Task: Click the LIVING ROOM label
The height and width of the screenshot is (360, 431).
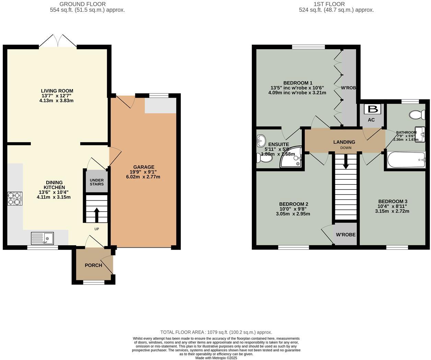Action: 57,91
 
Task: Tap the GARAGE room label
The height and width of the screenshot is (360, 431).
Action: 144,167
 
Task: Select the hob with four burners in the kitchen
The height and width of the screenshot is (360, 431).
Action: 15,199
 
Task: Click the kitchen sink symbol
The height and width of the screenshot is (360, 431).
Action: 42,238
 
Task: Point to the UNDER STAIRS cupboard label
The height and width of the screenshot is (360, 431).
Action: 96,182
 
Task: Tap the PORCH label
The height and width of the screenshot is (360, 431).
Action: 93,265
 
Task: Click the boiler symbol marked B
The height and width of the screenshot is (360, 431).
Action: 372,110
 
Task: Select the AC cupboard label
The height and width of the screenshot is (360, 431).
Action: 371,120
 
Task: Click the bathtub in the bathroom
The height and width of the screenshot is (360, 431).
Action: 406,160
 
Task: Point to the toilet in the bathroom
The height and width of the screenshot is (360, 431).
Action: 418,114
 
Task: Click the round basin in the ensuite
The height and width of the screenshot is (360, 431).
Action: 261,140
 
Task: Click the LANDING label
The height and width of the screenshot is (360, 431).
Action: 344,142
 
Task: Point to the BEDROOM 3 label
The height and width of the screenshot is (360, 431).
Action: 393,201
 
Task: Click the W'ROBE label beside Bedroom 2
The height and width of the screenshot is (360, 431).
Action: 346,235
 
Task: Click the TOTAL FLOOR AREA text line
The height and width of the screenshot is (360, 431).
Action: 216,332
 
